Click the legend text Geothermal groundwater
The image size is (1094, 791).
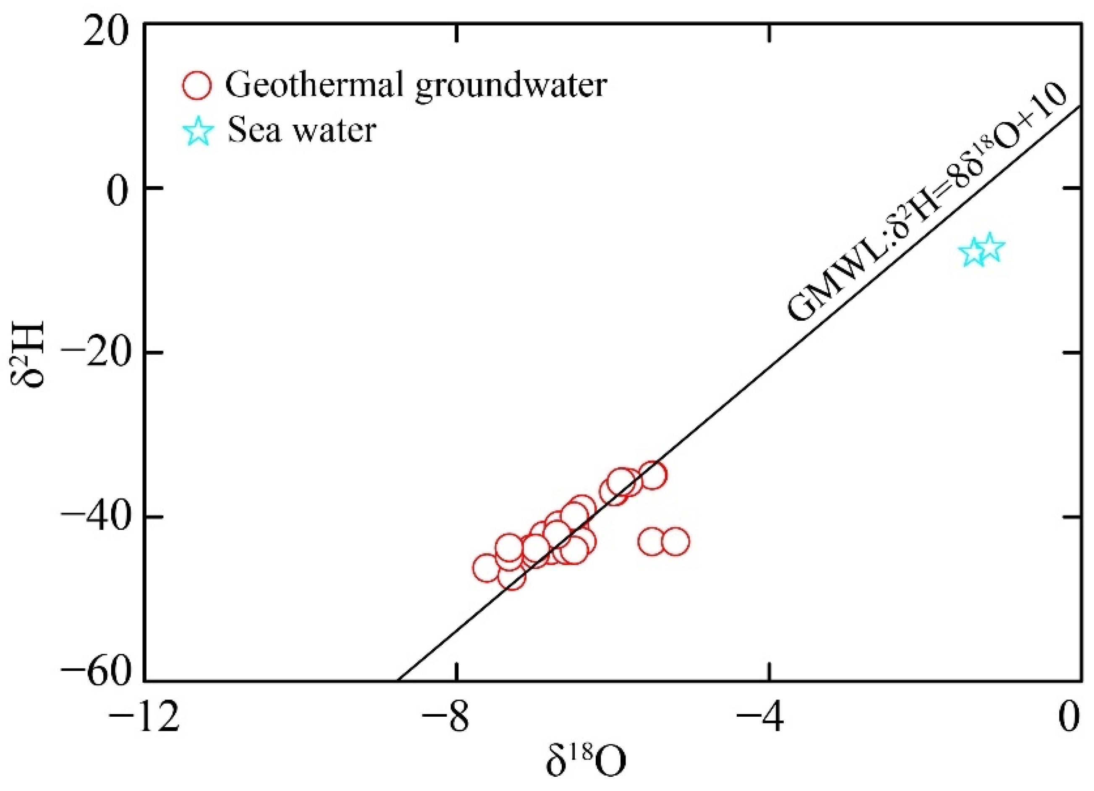click(416, 85)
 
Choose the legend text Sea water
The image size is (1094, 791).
click(302, 130)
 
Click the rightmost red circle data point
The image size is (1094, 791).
click(675, 541)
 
